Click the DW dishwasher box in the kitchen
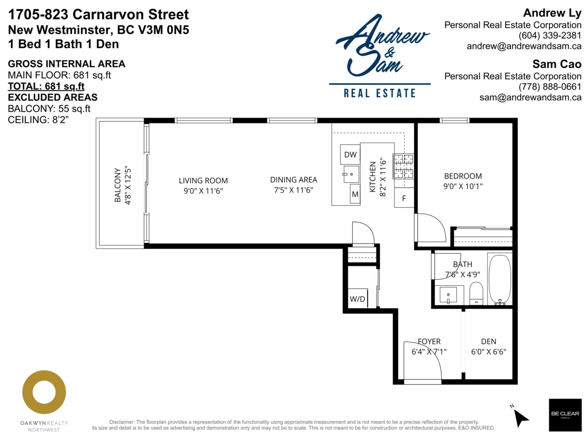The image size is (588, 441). (x=350, y=155)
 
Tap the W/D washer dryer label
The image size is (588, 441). (x=356, y=299)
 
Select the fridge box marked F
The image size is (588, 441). (x=404, y=198)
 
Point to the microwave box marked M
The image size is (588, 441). (x=355, y=195)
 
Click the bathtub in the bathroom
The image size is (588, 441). (x=499, y=278)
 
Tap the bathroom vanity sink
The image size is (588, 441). (x=448, y=295)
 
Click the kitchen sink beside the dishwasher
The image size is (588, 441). (x=350, y=173)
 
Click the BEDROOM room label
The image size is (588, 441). (x=463, y=176)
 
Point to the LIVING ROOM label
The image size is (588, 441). (x=203, y=180)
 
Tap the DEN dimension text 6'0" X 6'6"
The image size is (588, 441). (x=488, y=351)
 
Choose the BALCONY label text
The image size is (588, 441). (x=118, y=185)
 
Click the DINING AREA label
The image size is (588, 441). (x=293, y=180)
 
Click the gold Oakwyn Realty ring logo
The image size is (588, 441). (x=44, y=392)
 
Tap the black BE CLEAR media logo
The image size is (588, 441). (x=564, y=415)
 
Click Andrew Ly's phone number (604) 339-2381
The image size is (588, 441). (x=550, y=36)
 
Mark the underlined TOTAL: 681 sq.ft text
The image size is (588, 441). (x=46, y=86)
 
